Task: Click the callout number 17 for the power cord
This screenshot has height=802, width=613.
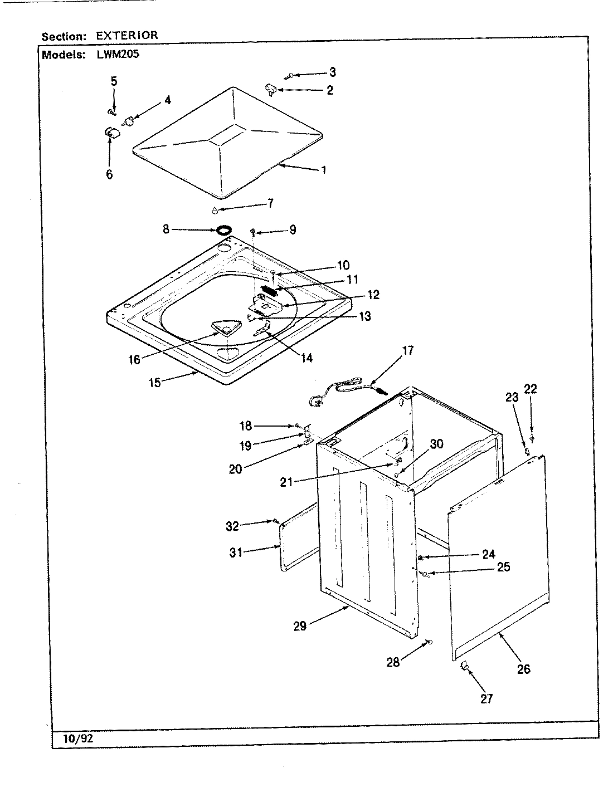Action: coord(408,350)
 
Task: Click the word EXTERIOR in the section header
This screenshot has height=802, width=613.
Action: coord(127,36)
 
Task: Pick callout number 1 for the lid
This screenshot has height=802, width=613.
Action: coord(323,170)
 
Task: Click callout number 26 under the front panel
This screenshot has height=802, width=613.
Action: coord(523,669)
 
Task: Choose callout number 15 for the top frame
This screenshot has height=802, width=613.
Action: coord(154,382)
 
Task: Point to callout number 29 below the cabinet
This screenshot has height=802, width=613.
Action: coord(300,625)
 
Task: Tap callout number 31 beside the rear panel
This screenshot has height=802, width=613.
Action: coord(236,553)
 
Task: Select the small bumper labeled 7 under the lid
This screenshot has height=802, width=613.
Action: coord(214,211)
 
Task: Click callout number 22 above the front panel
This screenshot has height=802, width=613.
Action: coord(531,389)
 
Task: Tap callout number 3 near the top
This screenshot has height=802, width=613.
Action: coord(332,72)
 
